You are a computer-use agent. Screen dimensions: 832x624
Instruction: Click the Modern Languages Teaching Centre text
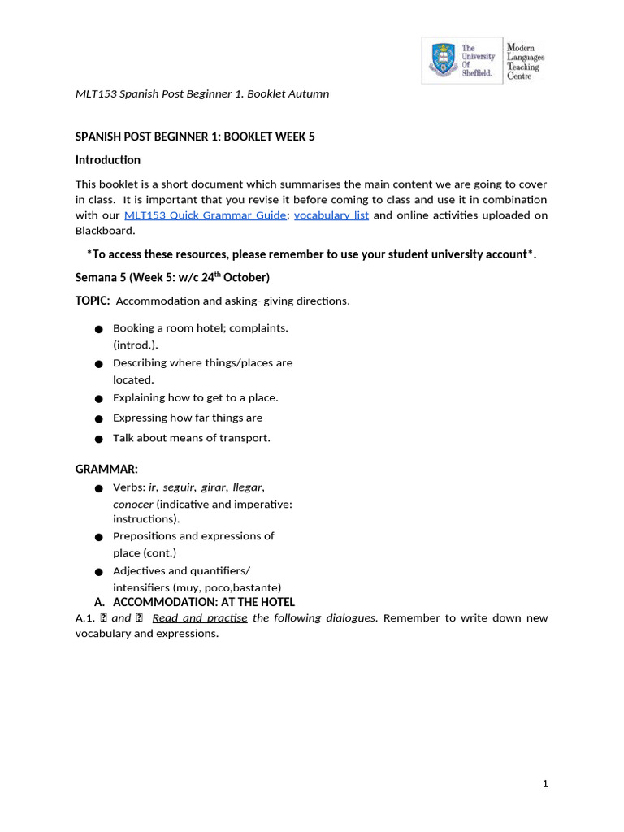click(x=526, y=61)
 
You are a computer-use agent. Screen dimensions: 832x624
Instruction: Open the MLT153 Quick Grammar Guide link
click(x=205, y=215)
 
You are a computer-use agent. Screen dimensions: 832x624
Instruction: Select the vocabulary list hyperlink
click(x=331, y=215)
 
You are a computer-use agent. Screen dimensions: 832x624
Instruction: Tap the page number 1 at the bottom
click(x=546, y=784)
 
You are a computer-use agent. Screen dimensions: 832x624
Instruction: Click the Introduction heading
click(x=108, y=160)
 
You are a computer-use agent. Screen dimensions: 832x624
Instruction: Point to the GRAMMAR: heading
click(x=106, y=470)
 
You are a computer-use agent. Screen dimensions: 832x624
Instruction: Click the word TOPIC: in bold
click(x=93, y=301)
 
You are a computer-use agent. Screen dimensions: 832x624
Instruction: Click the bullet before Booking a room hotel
click(x=97, y=329)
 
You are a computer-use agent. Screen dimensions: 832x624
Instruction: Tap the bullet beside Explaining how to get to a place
click(x=97, y=399)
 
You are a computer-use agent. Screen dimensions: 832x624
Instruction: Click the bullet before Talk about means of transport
click(x=97, y=439)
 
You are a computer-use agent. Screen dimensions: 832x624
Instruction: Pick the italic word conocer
click(x=132, y=504)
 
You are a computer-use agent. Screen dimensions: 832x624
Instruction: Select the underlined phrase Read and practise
click(x=200, y=618)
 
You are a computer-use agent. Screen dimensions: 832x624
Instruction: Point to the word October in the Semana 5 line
click(x=247, y=278)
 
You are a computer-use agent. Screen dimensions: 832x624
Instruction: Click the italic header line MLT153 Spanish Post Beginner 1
click(x=202, y=93)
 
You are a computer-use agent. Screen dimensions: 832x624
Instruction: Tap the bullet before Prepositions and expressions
click(x=97, y=537)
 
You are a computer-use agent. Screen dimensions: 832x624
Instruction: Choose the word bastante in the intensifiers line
click(x=255, y=587)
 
